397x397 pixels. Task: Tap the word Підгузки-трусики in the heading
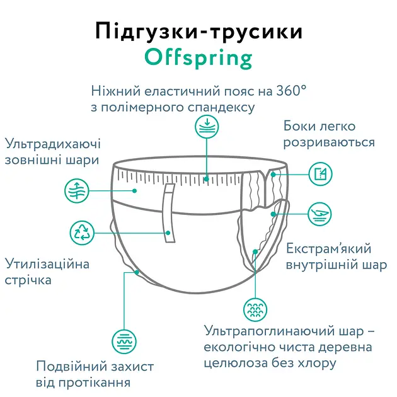click(x=199, y=31)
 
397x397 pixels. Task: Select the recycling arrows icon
click(x=82, y=233)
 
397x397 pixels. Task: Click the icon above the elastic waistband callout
click(x=207, y=127)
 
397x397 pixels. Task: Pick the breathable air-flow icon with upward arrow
click(x=77, y=191)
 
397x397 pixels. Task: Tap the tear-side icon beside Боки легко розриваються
click(x=321, y=174)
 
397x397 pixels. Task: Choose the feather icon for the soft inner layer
click(x=319, y=214)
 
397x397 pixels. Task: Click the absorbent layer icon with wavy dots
click(x=255, y=309)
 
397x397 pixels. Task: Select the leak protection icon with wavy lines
click(x=124, y=342)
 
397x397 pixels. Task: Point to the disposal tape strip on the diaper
click(x=169, y=213)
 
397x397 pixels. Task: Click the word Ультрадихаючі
click(x=53, y=144)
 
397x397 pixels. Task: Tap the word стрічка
click(x=28, y=280)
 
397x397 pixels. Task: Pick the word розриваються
click(x=329, y=142)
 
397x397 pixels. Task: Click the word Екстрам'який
click(x=329, y=249)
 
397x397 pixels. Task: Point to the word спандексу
click(x=221, y=107)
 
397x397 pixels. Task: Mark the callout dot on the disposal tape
click(x=168, y=233)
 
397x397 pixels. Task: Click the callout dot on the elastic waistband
click(x=207, y=179)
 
